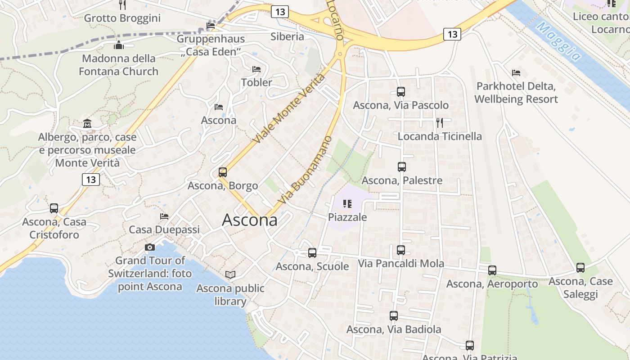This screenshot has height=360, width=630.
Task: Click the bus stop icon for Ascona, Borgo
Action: (x=222, y=172)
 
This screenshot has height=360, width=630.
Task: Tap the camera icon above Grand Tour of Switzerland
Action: (x=150, y=247)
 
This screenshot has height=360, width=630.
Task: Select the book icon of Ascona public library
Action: (x=230, y=274)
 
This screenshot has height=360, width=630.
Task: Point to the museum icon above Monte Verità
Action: (x=87, y=123)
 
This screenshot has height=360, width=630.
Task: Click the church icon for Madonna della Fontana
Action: (x=119, y=45)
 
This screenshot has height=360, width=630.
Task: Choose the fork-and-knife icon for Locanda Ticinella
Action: (x=440, y=122)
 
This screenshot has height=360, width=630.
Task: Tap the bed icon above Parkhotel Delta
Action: (x=516, y=72)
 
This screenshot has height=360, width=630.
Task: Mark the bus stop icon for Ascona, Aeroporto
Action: (x=492, y=270)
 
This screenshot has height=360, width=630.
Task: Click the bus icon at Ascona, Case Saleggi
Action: (x=580, y=268)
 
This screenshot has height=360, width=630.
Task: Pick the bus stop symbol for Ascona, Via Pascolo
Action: (x=401, y=92)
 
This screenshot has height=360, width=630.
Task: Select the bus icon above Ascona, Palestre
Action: (x=402, y=167)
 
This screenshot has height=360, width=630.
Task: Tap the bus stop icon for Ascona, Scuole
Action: (x=312, y=253)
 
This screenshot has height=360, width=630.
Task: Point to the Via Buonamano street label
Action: (x=306, y=170)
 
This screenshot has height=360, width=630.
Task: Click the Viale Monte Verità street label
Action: (x=289, y=108)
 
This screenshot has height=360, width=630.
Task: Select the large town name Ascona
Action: (x=250, y=220)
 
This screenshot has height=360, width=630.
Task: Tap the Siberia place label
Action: (x=287, y=36)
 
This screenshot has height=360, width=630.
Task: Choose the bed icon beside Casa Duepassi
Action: (x=164, y=216)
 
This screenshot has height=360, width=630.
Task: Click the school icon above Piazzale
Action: (x=347, y=204)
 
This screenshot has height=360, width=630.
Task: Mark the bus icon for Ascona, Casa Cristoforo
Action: (x=54, y=208)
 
